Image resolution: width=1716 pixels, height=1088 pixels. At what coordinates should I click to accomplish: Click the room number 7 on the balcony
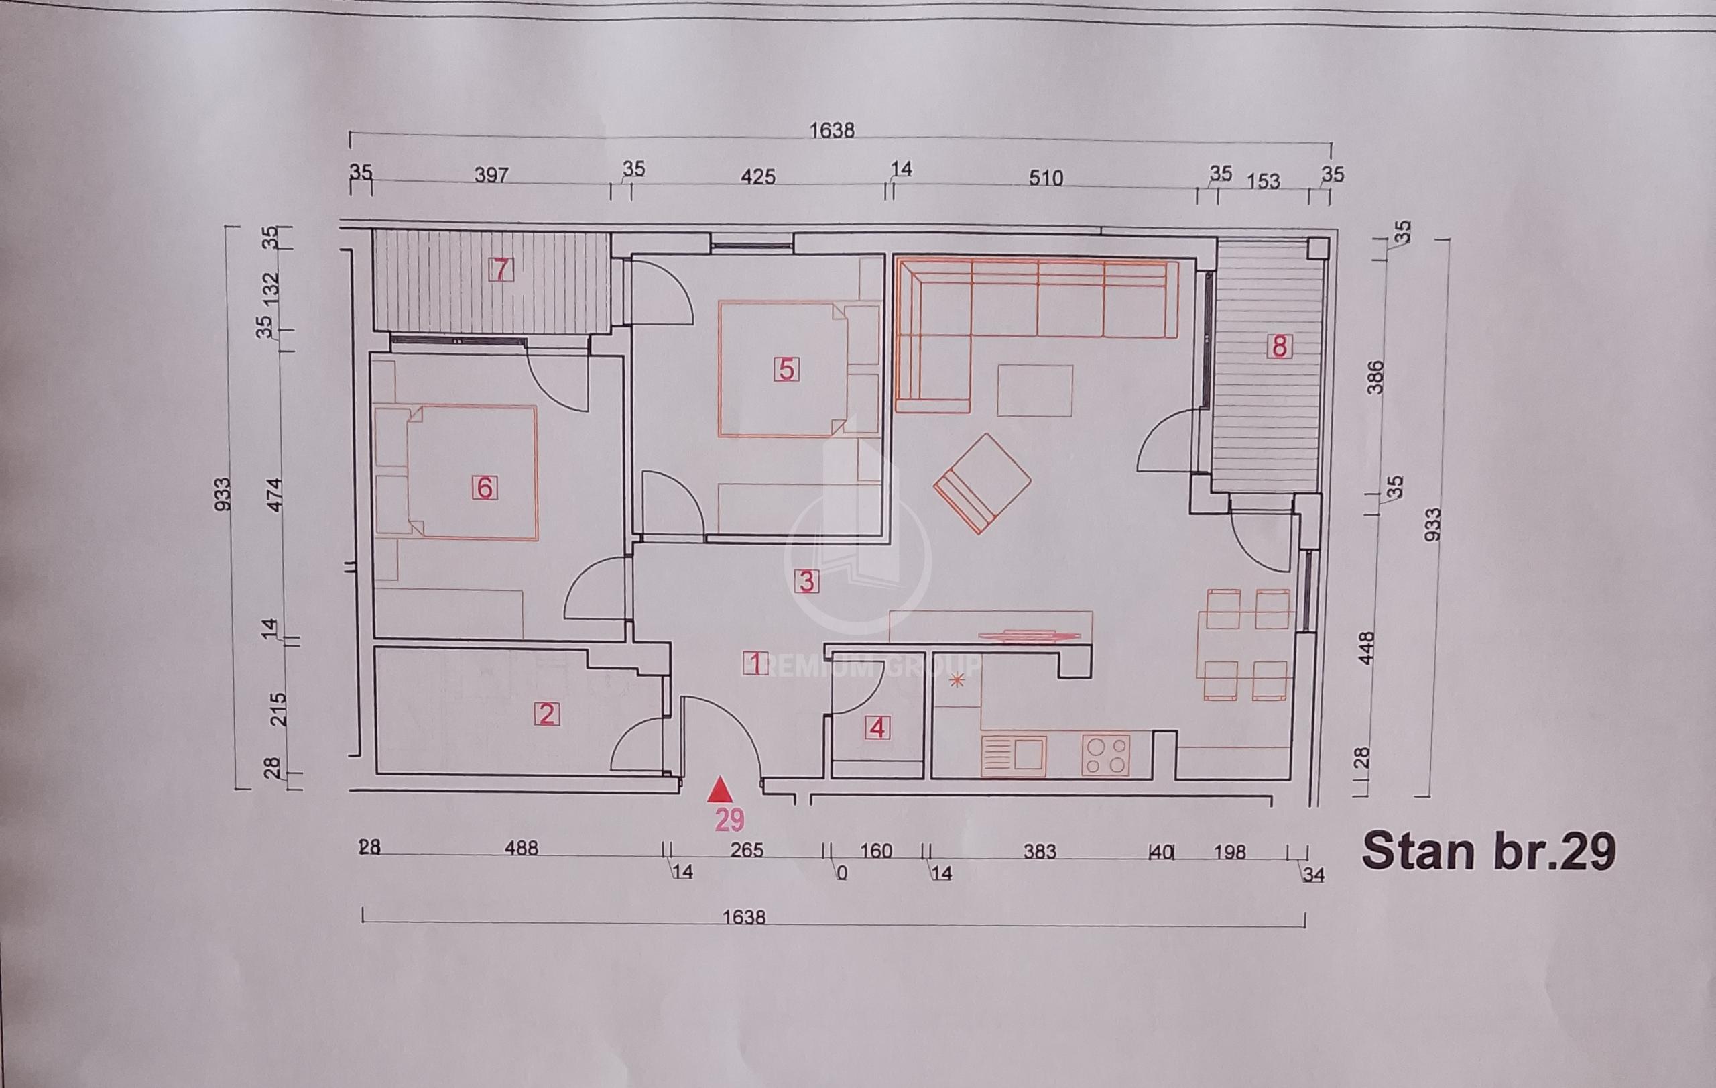click(x=500, y=270)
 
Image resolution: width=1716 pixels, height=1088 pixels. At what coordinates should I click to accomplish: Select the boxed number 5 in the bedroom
click(x=786, y=370)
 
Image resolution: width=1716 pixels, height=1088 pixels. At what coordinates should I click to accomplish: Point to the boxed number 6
click(x=485, y=488)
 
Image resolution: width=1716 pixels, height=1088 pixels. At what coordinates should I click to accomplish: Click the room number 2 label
click(x=547, y=714)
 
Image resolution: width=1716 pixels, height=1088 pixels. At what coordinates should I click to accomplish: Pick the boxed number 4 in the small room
click(x=877, y=728)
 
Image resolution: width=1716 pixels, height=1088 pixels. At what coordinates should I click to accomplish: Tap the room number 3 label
click(x=806, y=581)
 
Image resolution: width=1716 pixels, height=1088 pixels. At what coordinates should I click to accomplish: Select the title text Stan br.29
click(x=1488, y=851)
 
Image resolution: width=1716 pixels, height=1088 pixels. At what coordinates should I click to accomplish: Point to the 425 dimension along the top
click(x=757, y=176)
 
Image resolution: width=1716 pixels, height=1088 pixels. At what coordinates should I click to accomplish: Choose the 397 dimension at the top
click(x=492, y=174)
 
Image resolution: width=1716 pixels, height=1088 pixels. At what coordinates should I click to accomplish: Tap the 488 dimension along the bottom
click(x=521, y=849)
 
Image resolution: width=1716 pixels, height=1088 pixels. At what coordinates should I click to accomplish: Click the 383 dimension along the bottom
click(x=1039, y=851)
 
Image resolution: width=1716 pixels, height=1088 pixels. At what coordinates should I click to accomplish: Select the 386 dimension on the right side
click(x=1376, y=377)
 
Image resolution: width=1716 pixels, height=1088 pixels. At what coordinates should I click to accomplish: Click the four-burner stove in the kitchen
click(x=1105, y=755)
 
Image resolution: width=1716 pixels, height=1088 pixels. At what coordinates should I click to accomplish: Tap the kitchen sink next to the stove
click(x=1013, y=756)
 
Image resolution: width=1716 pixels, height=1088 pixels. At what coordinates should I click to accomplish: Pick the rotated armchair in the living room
click(x=982, y=483)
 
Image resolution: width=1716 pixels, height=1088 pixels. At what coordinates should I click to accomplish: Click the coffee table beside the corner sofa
click(x=1035, y=390)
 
